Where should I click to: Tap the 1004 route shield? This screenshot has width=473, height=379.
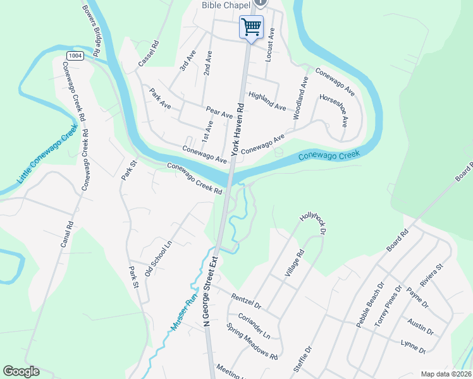coord(75,56)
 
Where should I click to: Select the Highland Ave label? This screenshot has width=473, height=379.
coord(267,101)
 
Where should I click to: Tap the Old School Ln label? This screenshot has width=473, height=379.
coord(158,258)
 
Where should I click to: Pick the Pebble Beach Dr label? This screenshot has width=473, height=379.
coord(370,304)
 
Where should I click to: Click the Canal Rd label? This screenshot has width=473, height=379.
coord(68,233)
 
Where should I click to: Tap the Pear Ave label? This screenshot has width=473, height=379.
coord(219,112)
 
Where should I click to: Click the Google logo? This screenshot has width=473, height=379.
coord(21,371)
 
